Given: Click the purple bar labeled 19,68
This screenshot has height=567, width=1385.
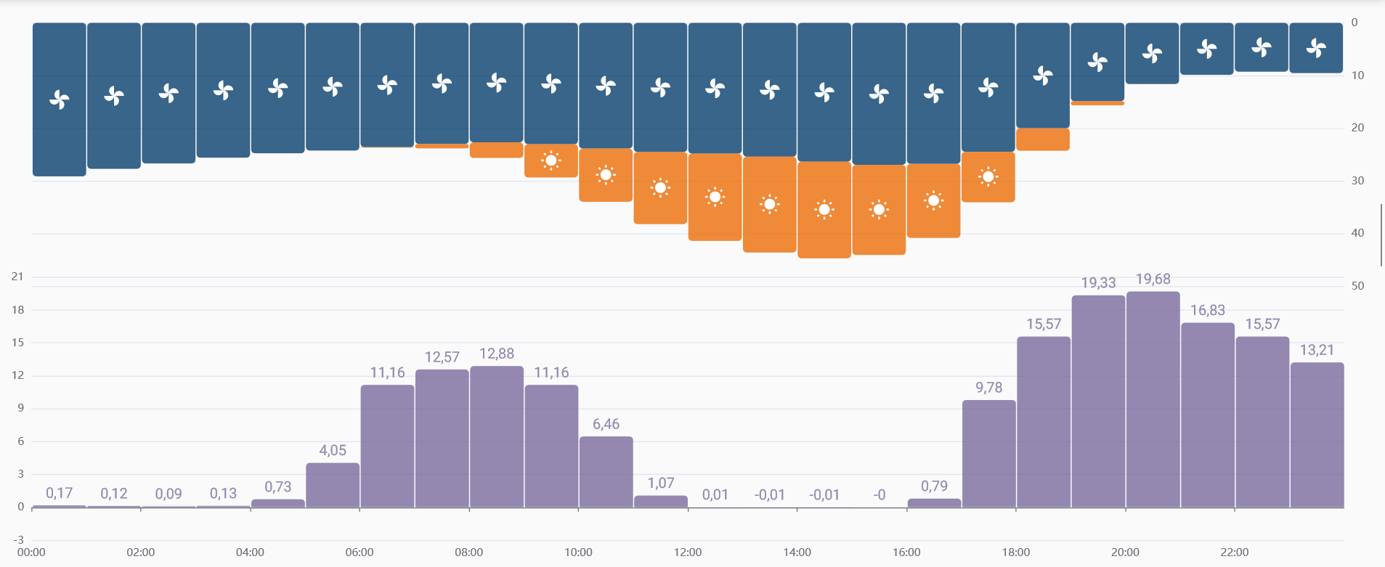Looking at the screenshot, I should point(1153,399).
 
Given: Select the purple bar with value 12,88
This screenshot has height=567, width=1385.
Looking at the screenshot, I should point(497,436).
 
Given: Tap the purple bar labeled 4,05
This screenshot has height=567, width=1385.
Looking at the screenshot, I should point(333,485).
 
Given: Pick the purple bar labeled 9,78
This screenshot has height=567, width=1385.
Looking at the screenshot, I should point(988,454).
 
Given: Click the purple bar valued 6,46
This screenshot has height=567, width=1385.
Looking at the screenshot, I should point(606,472).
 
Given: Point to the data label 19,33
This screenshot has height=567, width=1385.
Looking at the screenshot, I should point(1098,283).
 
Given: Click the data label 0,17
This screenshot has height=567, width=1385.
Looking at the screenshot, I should point(59,494).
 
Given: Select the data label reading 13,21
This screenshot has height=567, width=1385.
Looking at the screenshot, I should point(1317,351).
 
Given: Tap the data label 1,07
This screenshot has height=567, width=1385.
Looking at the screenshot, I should point(661,484).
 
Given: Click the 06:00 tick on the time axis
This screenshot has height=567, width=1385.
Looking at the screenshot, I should point(360,552).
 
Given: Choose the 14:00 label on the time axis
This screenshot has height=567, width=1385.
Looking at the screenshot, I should point(797,552).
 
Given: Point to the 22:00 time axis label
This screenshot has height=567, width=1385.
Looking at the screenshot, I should point(1235,552).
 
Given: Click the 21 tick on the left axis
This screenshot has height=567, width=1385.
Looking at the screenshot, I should point(17,277).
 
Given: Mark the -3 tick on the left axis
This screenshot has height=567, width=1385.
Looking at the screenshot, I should point(18,539).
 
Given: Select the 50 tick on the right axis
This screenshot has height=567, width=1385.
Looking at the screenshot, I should point(1357,286).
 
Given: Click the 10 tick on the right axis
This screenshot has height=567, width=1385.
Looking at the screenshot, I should point(1357,76).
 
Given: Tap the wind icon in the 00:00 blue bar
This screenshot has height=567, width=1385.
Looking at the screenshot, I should point(60,99).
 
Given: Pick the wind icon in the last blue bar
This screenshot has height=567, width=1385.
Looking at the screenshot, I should point(1316,49).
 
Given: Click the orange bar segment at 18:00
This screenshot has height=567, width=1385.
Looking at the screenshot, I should point(1043,139).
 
